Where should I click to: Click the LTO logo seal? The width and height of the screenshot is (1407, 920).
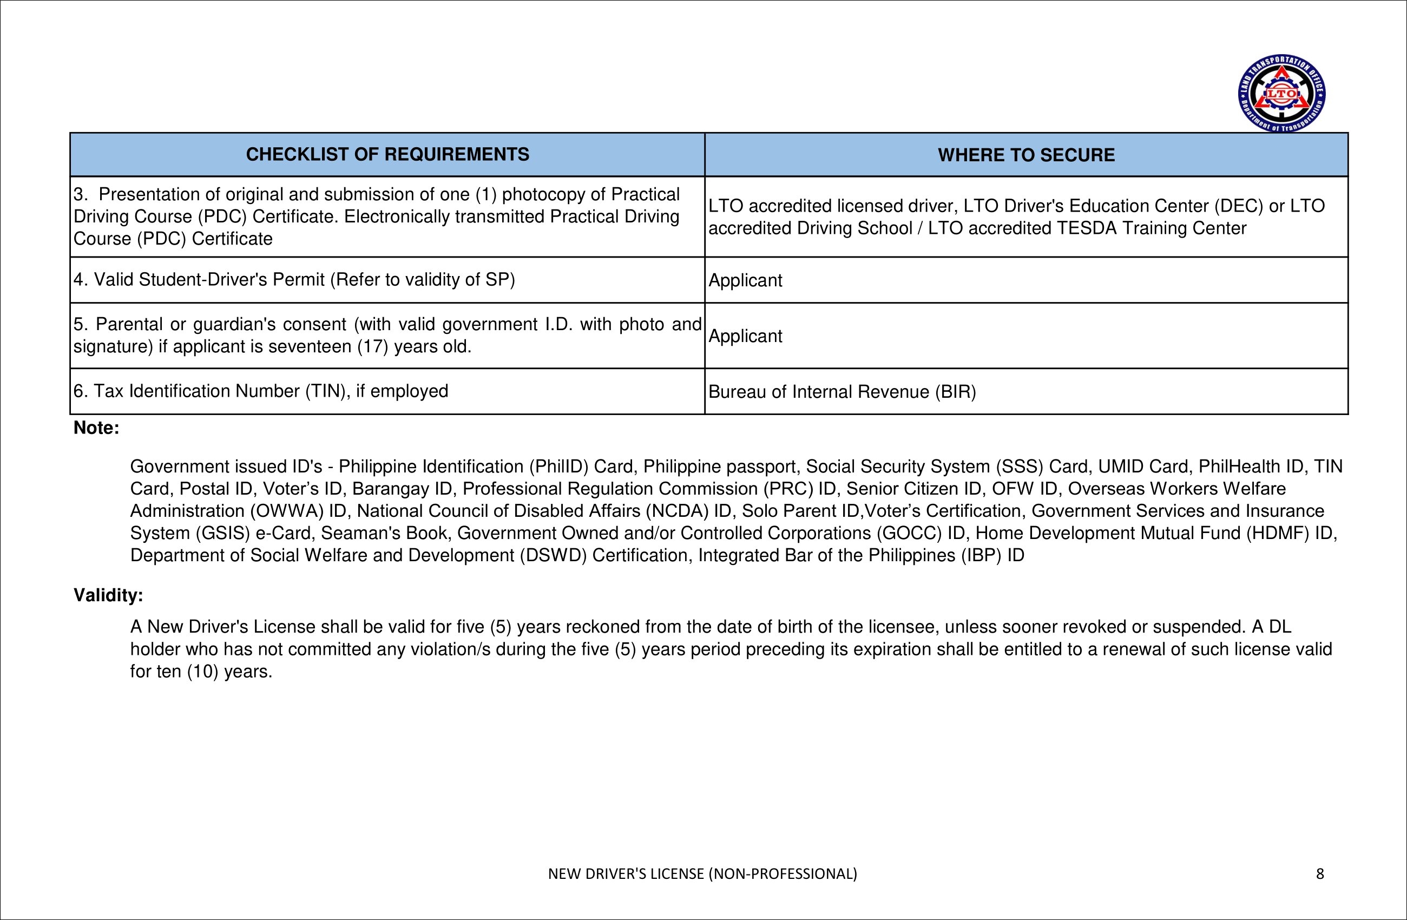1281,93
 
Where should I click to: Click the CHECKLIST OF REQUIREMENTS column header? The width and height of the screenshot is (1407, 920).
387,154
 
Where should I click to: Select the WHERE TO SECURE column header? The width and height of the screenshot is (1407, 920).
1025,155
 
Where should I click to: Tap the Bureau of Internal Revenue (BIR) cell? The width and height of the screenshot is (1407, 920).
842,391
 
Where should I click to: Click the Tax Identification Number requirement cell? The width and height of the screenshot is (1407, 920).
261,391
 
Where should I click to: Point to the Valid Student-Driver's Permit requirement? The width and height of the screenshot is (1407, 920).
294,279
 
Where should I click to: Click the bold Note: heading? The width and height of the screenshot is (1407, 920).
96,428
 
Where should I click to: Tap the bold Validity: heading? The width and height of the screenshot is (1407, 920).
108,595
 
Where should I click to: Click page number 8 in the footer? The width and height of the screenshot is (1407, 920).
1319,873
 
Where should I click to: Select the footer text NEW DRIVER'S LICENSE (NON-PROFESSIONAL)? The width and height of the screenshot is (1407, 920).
702,873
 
